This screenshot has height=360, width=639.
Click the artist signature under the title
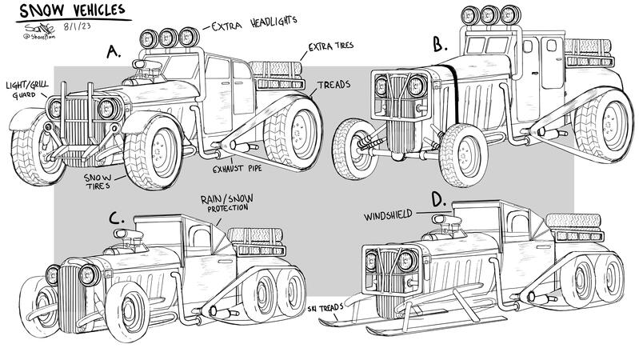click(x=26, y=34)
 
